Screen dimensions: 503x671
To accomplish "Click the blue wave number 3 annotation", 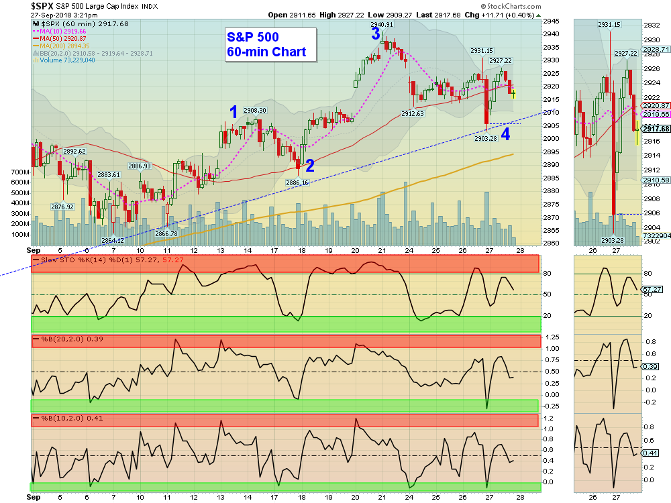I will click(x=376, y=34).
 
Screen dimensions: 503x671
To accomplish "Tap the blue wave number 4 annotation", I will click(x=505, y=133).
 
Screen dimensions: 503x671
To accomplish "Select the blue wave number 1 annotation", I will click(x=234, y=112).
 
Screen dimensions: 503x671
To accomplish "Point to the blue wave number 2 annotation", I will click(x=309, y=165).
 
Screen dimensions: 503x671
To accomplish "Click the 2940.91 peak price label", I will click(x=381, y=25).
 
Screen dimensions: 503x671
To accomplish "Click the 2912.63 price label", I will click(x=413, y=114).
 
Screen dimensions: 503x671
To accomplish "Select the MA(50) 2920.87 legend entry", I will click(x=62, y=39).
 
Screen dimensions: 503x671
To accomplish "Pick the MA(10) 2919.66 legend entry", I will click(x=62, y=32).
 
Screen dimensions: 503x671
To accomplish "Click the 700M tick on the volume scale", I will click(x=20, y=172).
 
